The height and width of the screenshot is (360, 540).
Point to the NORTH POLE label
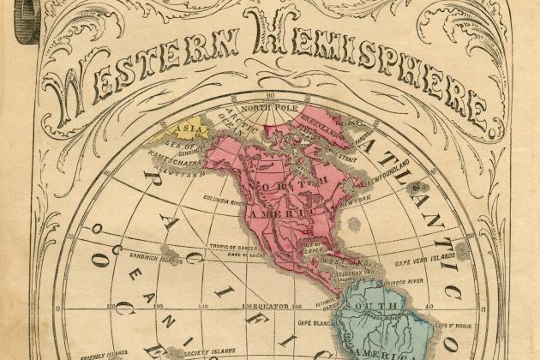267,109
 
